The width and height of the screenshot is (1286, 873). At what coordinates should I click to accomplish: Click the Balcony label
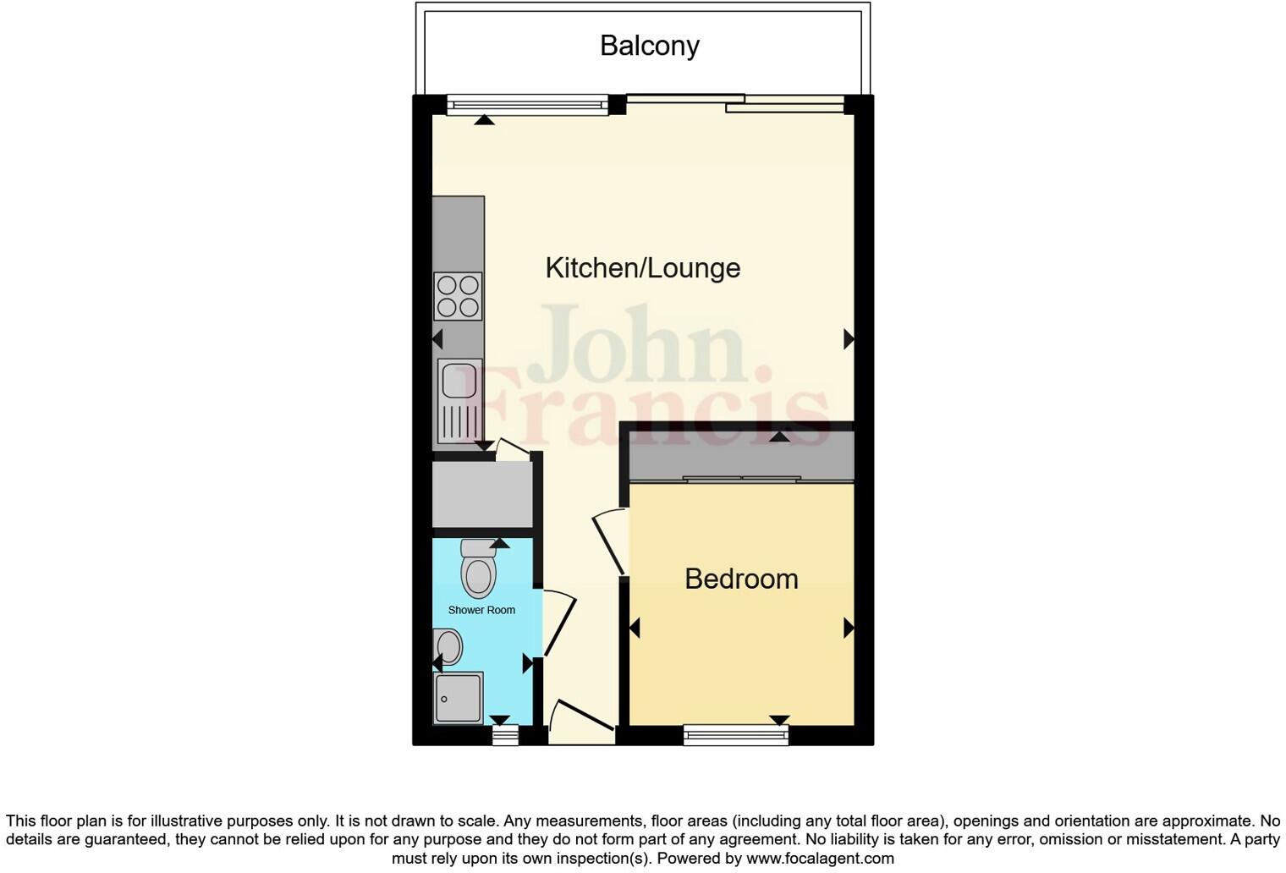point(649,46)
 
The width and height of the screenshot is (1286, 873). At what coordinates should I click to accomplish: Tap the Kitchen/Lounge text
point(642,268)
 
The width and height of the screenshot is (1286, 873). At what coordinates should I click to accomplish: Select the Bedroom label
point(741,579)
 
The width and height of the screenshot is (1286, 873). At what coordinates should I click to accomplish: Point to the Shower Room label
point(481,610)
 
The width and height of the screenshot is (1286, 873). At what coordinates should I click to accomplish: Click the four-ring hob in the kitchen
point(458,296)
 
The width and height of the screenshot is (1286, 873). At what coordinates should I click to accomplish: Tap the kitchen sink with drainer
point(459,398)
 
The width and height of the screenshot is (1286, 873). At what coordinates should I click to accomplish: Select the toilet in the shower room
point(478,568)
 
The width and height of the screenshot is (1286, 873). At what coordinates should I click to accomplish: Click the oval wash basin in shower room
point(448,647)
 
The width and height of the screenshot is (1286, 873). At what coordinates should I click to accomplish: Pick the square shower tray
point(458,698)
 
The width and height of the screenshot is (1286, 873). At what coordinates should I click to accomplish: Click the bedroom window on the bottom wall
point(735,735)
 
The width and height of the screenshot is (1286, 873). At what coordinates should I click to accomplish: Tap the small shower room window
point(505,736)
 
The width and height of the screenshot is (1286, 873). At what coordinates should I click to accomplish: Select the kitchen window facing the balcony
point(527,106)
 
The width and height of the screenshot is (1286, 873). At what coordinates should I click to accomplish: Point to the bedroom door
point(612,542)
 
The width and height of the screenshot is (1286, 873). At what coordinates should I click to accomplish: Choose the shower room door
point(558,624)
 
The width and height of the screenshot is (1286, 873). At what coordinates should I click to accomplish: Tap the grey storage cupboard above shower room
point(481,495)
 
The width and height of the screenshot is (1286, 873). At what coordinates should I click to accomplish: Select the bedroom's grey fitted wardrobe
point(741,457)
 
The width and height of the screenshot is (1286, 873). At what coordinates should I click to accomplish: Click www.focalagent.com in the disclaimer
point(820,858)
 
